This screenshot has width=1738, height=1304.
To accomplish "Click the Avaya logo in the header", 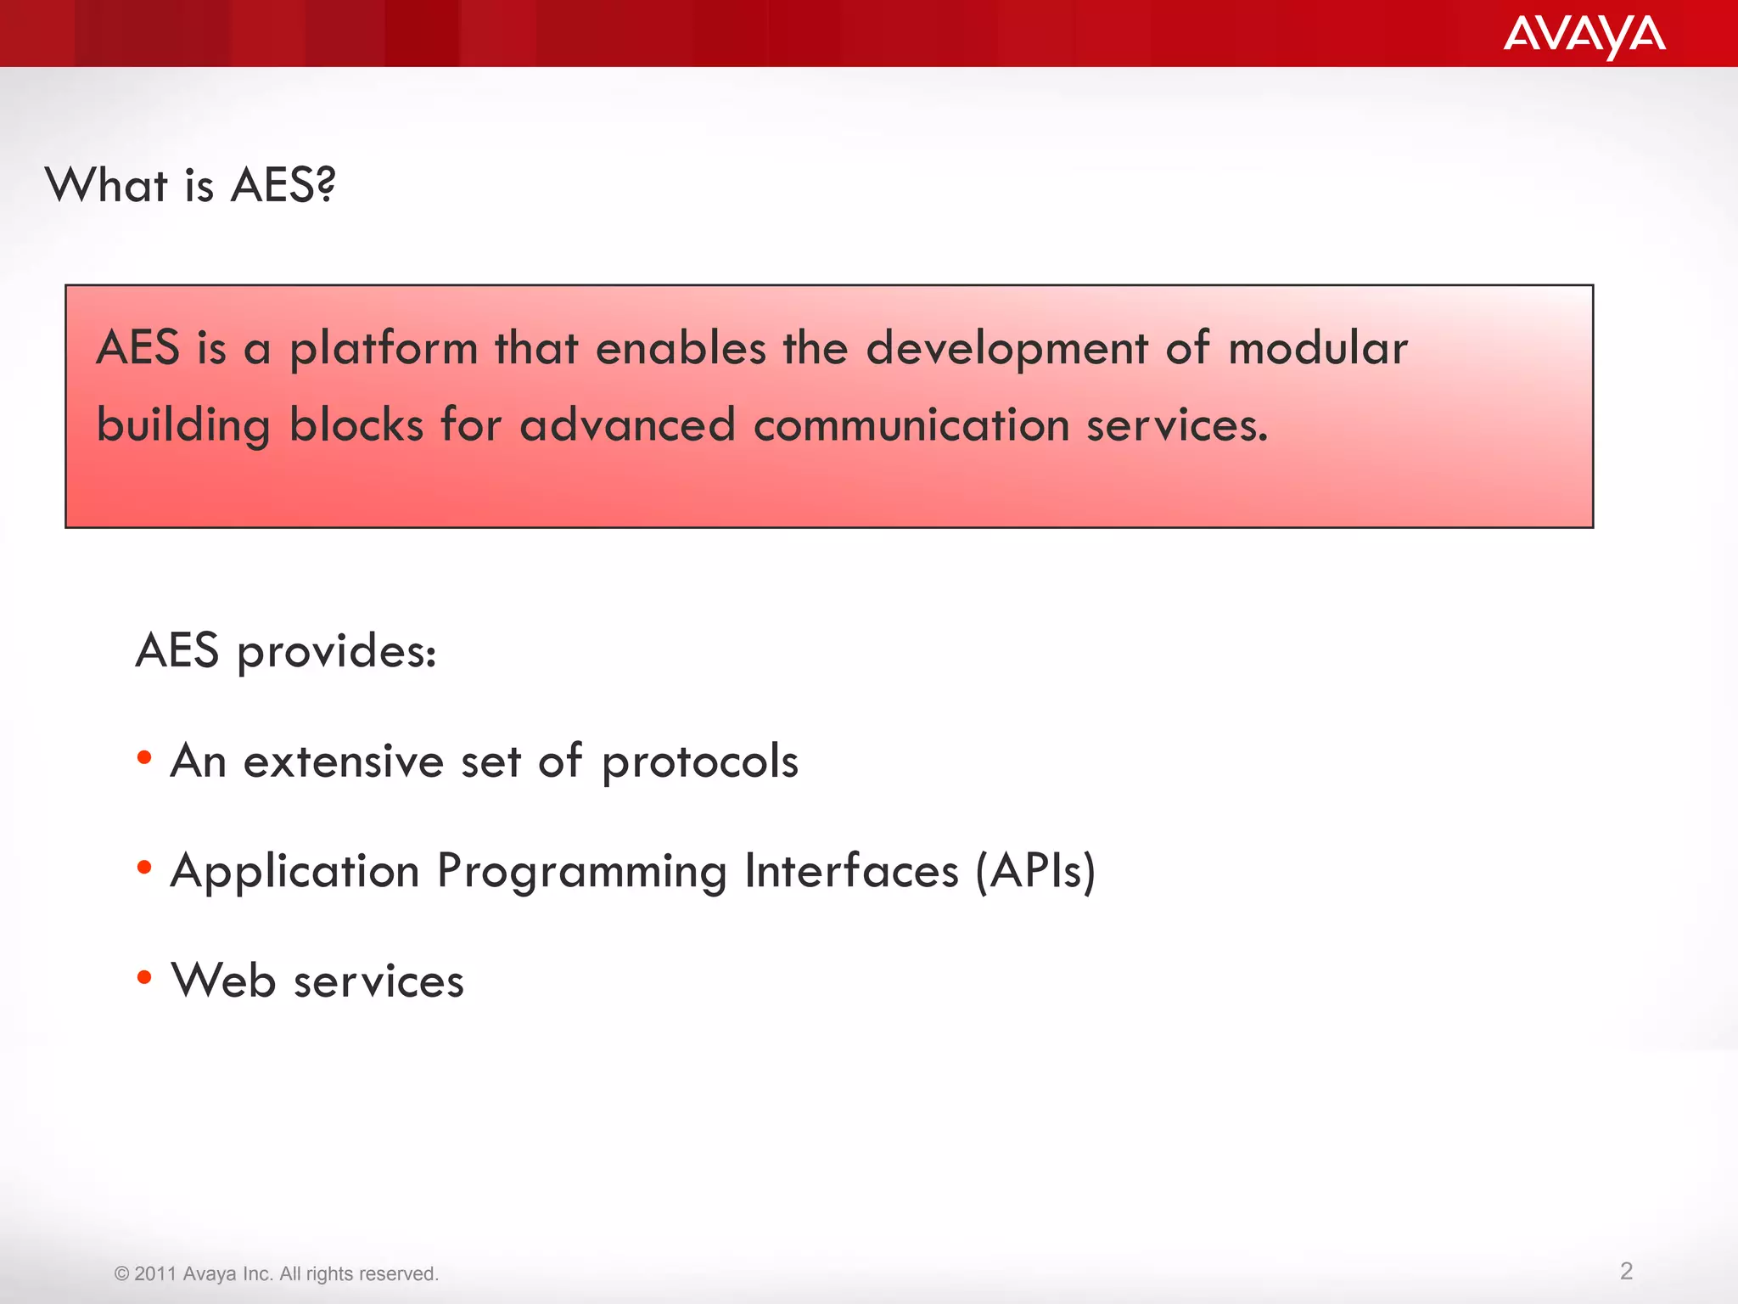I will (1584, 36).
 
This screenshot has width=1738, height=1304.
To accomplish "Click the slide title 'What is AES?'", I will (190, 185).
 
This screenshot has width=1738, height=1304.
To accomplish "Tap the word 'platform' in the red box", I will (384, 350).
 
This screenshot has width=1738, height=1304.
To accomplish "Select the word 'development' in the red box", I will (1006, 350).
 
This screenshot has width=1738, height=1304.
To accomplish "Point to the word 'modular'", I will (1317, 348).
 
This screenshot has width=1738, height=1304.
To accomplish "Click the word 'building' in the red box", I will (182, 426).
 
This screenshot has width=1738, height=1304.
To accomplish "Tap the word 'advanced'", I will (627, 424).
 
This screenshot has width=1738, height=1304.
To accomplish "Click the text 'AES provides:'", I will (286, 652).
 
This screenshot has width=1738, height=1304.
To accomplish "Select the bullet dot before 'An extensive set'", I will (144, 757).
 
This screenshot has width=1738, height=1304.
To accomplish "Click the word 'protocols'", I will (700, 762).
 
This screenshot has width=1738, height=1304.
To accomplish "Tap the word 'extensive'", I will (343, 761).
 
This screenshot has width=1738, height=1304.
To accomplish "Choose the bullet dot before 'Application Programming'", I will (144, 868).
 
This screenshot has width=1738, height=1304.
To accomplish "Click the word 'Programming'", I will (581, 873).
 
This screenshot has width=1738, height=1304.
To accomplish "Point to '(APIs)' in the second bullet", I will (1035, 871).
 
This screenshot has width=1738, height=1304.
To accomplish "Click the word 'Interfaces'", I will (851, 871).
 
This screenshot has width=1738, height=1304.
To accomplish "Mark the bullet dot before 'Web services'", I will (144, 978).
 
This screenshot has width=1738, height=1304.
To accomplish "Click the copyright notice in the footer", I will (276, 1273).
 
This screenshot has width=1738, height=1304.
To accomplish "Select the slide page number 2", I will (1626, 1271).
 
